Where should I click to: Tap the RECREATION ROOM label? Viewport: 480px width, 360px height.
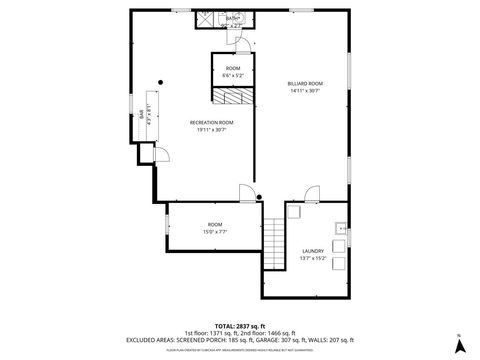pos(212,121)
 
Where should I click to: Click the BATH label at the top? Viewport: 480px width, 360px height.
pos(232,18)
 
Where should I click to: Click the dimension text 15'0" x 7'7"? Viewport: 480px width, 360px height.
pos(215,231)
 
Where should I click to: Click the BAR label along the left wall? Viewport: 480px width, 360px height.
pos(141,113)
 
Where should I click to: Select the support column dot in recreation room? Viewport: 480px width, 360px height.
pos(161,83)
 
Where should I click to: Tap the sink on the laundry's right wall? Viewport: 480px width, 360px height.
pos(342,228)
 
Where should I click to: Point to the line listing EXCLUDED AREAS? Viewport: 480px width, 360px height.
pos(239,339)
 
